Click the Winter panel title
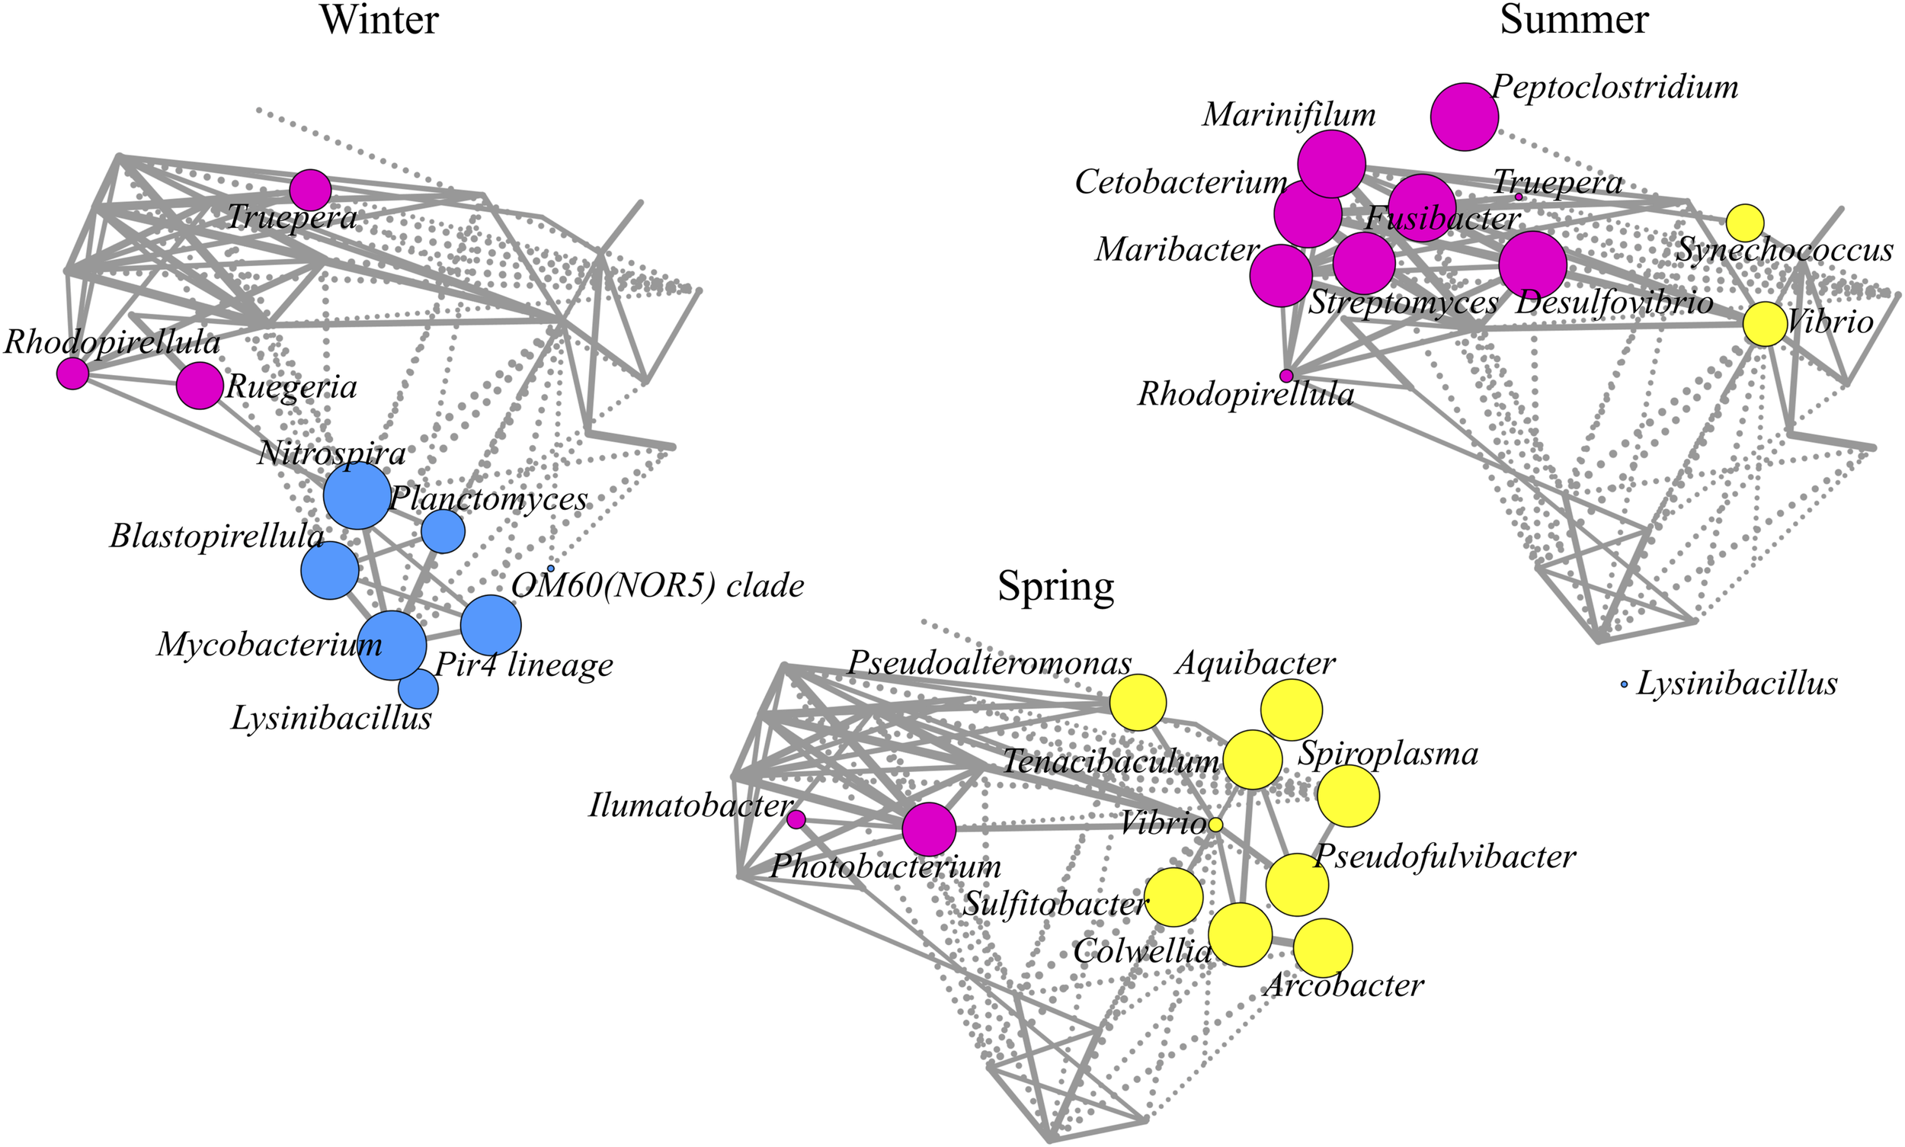pyautogui.click(x=379, y=20)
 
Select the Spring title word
pyautogui.click(x=1055, y=587)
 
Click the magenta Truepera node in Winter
pyautogui.click(x=310, y=189)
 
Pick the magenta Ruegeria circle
pyautogui.click(x=200, y=386)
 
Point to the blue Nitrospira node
pyautogui.click(x=357, y=496)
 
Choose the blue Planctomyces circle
pyautogui.click(x=443, y=531)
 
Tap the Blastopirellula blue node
pyautogui.click(x=329, y=570)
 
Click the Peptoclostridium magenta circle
pyautogui.click(x=1464, y=117)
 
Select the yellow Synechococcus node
pyautogui.click(x=1745, y=223)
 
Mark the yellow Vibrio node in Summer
pyautogui.click(x=1764, y=325)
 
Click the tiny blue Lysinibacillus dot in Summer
pyautogui.click(x=1624, y=685)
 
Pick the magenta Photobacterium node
pyautogui.click(x=929, y=829)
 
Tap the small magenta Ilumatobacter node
pyautogui.click(x=796, y=819)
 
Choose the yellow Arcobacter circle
pyautogui.click(x=1322, y=947)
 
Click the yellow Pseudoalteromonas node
pyautogui.click(x=1138, y=703)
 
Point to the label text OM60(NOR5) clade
pyautogui.click(x=658, y=587)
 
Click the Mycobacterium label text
pyautogui.click(x=269, y=645)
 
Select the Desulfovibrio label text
pyautogui.click(x=1615, y=303)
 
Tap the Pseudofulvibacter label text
pyautogui.click(x=1445, y=857)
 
